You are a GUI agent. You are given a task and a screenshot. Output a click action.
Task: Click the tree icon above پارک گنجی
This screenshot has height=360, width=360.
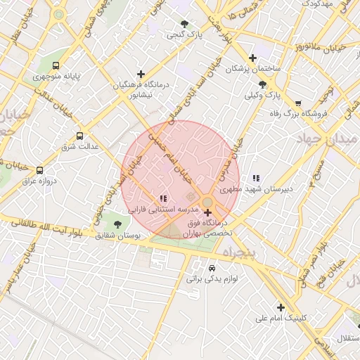[x=185, y=23]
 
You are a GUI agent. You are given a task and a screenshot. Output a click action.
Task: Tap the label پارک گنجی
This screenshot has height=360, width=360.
[x=185, y=34]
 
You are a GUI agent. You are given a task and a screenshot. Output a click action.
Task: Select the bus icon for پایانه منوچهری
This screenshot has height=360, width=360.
[x=56, y=65]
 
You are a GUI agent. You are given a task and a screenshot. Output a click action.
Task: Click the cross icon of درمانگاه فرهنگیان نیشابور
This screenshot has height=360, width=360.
[x=141, y=74]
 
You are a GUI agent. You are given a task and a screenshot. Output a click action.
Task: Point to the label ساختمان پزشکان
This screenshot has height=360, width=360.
[x=253, y=69]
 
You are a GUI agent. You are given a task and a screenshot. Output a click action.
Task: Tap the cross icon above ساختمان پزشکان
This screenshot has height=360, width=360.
[x=253, y=58]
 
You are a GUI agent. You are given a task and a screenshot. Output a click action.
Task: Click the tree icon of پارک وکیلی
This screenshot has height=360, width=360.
[x=262, y=84]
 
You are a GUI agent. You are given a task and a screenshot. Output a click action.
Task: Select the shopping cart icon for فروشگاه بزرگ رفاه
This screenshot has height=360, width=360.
[x=298, y=103]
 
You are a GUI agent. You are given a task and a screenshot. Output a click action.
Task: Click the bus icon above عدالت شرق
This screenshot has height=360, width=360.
[x=79, y=136]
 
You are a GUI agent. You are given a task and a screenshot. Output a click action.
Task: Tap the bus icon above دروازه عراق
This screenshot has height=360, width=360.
[x=39, y=170]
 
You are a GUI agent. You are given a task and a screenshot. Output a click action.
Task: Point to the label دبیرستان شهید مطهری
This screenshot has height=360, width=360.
[x=256, y=189]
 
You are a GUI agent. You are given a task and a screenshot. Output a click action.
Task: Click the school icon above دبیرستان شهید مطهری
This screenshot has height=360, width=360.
[x=256, y=178]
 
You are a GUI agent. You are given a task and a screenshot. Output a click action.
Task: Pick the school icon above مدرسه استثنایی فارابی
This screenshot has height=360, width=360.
[x=163, y=199]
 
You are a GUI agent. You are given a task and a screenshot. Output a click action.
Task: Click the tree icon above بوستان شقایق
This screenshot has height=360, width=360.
[x=117, y=224]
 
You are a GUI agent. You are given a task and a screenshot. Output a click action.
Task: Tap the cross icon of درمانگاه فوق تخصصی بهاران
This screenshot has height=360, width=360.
[x=207, y=212]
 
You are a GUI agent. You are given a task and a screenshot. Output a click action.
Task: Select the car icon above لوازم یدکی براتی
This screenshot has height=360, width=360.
[x=212, y=268]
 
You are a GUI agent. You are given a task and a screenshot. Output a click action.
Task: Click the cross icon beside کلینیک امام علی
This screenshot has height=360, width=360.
[x=281, y=307]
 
